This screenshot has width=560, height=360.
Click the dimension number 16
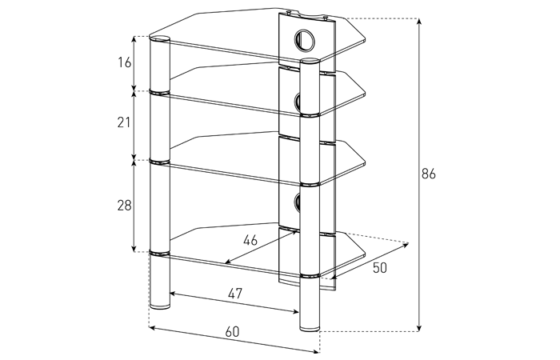125,62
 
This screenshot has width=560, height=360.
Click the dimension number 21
124,122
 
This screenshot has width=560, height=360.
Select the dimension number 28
124,206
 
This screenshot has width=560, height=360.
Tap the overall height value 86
429,174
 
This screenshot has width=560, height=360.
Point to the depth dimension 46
250,240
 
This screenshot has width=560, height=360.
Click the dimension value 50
380,267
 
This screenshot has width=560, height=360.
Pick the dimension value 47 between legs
235,294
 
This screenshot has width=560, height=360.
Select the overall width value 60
232,332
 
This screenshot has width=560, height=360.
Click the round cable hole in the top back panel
304,40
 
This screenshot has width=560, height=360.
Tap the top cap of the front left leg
159,39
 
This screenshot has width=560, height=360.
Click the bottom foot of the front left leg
159,306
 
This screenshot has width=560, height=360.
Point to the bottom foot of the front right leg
310,327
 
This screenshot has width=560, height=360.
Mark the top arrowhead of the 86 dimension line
419,21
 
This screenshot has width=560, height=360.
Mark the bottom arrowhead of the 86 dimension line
419,328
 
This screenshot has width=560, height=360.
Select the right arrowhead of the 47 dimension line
296,311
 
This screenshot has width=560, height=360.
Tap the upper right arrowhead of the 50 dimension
406,245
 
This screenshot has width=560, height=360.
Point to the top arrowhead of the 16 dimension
134,39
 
